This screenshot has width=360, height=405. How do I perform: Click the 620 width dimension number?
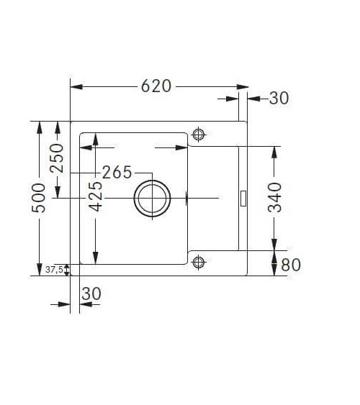pos(156,86)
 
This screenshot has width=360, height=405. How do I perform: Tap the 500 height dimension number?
pos(38,198)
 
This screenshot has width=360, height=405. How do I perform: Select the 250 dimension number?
pos(57,158)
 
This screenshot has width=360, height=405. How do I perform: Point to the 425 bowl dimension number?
pos(95,196)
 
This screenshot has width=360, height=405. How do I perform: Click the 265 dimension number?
pos(117,172)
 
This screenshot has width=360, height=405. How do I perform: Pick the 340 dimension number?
pos(274,198)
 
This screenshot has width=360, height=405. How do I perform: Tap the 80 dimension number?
pos(291,265)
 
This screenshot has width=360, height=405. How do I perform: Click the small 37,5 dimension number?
pos(54,270)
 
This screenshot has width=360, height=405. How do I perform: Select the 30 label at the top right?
pos(279,98)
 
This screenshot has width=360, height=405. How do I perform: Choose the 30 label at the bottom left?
pos(91,293)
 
